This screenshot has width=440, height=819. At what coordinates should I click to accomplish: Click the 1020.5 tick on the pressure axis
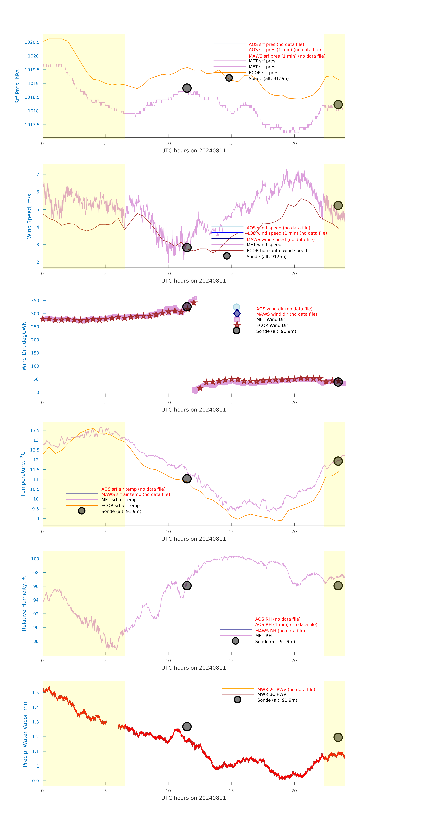32,42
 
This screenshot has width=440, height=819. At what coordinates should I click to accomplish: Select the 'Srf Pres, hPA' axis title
17,86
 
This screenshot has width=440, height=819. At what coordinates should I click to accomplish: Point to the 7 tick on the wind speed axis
38,174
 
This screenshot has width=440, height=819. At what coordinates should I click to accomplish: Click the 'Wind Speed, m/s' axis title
29,216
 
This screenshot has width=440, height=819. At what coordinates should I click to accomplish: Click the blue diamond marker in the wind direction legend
237,313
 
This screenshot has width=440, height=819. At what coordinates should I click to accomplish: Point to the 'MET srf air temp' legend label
119,500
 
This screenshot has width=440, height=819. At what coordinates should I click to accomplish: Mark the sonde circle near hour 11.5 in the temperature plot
187,479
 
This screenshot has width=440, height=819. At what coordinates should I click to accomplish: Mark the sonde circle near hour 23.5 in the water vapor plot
338,737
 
